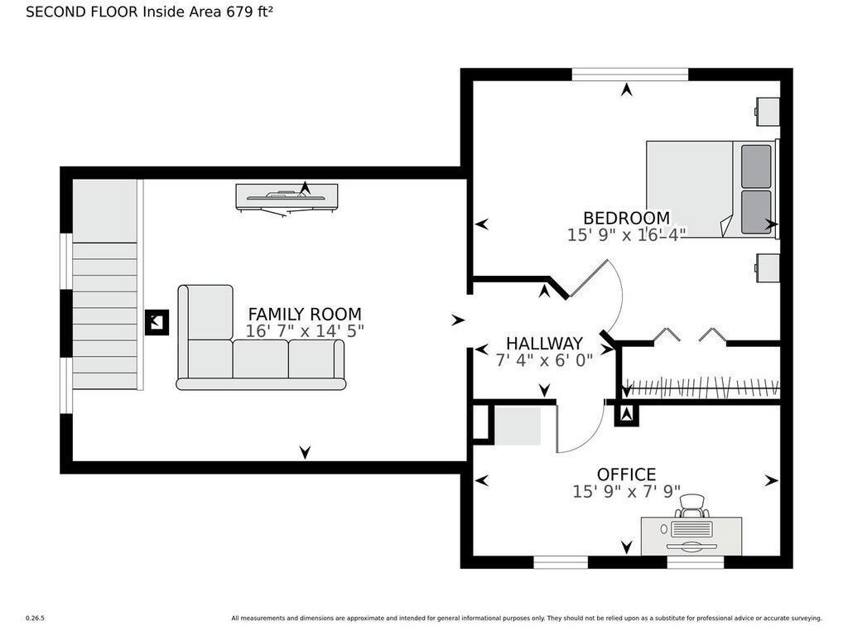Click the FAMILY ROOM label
click(x=305, y=314)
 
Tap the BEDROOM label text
click(x=626, y=218)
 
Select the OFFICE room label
click(x=626, y=475)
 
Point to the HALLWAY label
click(x=544, y=344)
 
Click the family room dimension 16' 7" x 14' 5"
click(x=305, y=331)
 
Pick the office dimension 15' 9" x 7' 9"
click(x=626, y=491)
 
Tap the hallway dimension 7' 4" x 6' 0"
click(x=544, y=360)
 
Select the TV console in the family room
click(x=287, y=199)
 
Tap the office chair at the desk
click(x=691, y=506)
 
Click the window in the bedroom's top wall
click(x=630, y=74)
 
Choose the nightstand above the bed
click(x=768, y=112)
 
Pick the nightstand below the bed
click(x=768, y=267)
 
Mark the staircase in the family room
click(x=105, y=285)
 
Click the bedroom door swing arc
click(x=615, y=296)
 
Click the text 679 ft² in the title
click(x=249, y=12)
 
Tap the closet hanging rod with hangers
click(x=701, y=388)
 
